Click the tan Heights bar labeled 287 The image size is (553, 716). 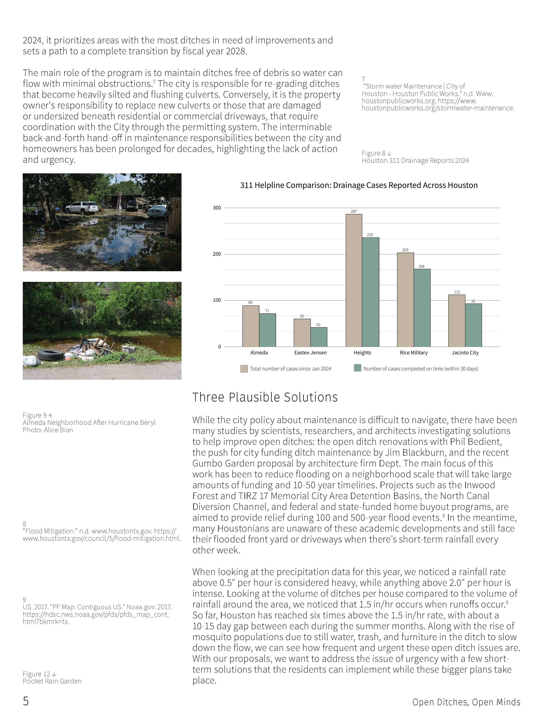[354, 280]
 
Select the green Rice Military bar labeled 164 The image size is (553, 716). [422, 308]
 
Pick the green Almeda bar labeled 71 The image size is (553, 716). [267, 330]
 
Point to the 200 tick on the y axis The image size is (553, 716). [217, 254]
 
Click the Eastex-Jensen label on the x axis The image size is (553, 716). [310, 353]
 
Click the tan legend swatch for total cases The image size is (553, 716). [244, 369]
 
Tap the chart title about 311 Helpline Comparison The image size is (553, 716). [359, 185]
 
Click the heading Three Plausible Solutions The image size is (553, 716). [265, 397]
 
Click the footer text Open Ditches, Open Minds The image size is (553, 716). [466, 702]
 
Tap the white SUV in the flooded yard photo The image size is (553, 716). [82, 207]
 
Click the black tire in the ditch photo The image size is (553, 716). [51, 355]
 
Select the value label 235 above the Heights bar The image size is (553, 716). [370, 235]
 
